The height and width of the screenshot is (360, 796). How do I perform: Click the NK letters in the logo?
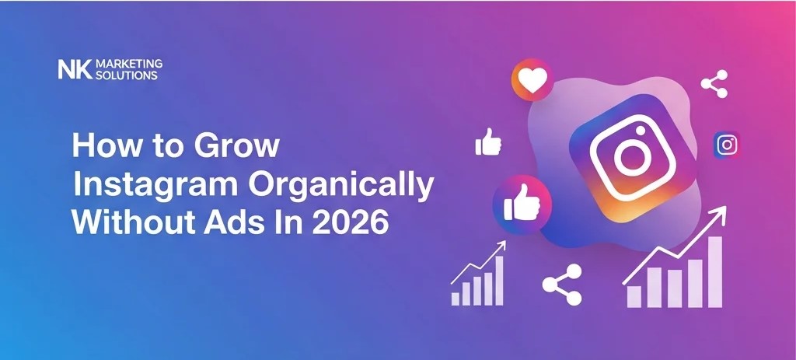[75, 70]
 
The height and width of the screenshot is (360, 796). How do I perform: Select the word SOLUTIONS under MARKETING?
[126, 75]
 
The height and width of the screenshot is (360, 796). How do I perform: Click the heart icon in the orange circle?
[532, 80]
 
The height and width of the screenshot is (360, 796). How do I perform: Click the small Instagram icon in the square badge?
[727, 145]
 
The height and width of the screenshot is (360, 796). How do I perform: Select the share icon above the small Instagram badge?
[714, 84]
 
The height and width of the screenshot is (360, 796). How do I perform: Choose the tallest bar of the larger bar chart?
[714, 272]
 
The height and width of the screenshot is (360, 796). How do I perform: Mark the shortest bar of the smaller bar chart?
[456, 298]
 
